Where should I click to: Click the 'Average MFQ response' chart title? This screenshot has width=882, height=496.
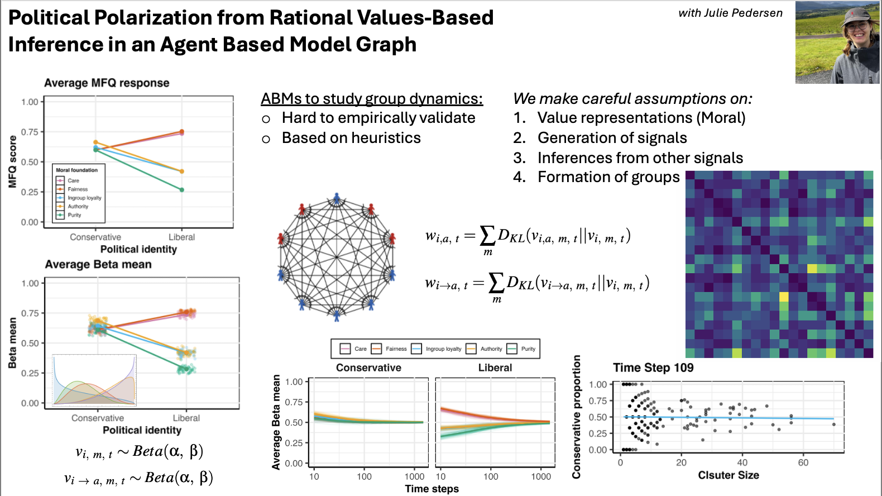coord(107,83)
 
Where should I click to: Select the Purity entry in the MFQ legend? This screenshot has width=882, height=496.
coord(74,215)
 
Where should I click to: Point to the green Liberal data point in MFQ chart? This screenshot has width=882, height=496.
coord(182,190)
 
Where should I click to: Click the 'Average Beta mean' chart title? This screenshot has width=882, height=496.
coord(98,264)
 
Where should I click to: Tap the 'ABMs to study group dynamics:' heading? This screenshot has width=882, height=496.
coord(372,99)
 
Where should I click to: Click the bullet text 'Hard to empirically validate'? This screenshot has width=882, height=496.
coord(378,118)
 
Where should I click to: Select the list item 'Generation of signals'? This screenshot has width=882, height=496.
coord(612,138)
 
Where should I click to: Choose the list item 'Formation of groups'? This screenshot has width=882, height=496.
coord(608,177)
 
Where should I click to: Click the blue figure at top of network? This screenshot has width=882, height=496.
coord(337,198)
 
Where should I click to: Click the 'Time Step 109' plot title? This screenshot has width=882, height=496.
coord(653,368)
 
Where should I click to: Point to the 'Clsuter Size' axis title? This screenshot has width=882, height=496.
coord(728,475)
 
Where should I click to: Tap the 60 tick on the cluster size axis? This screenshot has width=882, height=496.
coord(803,462)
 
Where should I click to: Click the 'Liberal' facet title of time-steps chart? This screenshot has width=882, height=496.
coord(495,368)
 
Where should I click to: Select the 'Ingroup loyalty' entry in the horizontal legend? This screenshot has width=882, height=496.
coord(443,349)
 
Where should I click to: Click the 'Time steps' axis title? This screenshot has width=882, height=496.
coord(432,489)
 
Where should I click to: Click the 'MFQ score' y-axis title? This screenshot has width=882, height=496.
coord(12,161)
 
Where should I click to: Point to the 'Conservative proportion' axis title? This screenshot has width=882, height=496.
coord(577,417)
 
